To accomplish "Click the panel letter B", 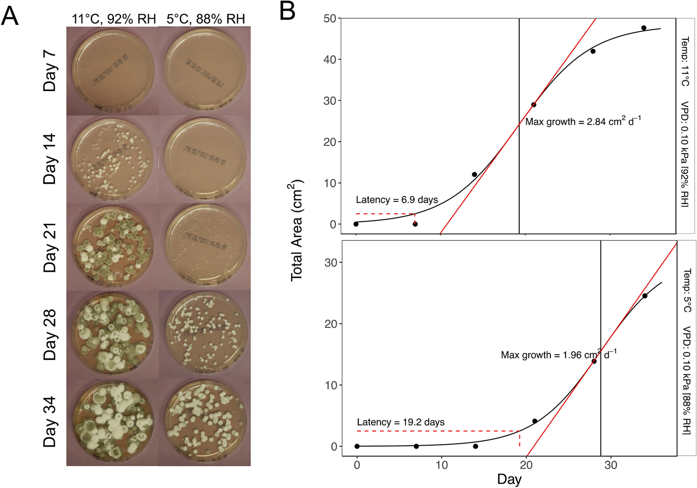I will click(287, 11).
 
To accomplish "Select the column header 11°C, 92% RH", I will click(114, 19).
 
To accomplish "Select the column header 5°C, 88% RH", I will click(206, 19).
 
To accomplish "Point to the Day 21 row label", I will click(50, 248).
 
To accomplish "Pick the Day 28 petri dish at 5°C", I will click(205, 334).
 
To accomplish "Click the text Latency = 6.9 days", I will click(397, 199).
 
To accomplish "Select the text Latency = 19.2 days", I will click(401, 422).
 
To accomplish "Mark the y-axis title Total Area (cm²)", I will click(297, 230).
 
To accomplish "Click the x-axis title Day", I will click(509, 479).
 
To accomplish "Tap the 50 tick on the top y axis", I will click(330, 19).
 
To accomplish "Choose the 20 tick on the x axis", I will click(526, 465).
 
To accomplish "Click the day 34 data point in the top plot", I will click(644, 28).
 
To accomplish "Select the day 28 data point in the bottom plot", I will click(594, 361).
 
